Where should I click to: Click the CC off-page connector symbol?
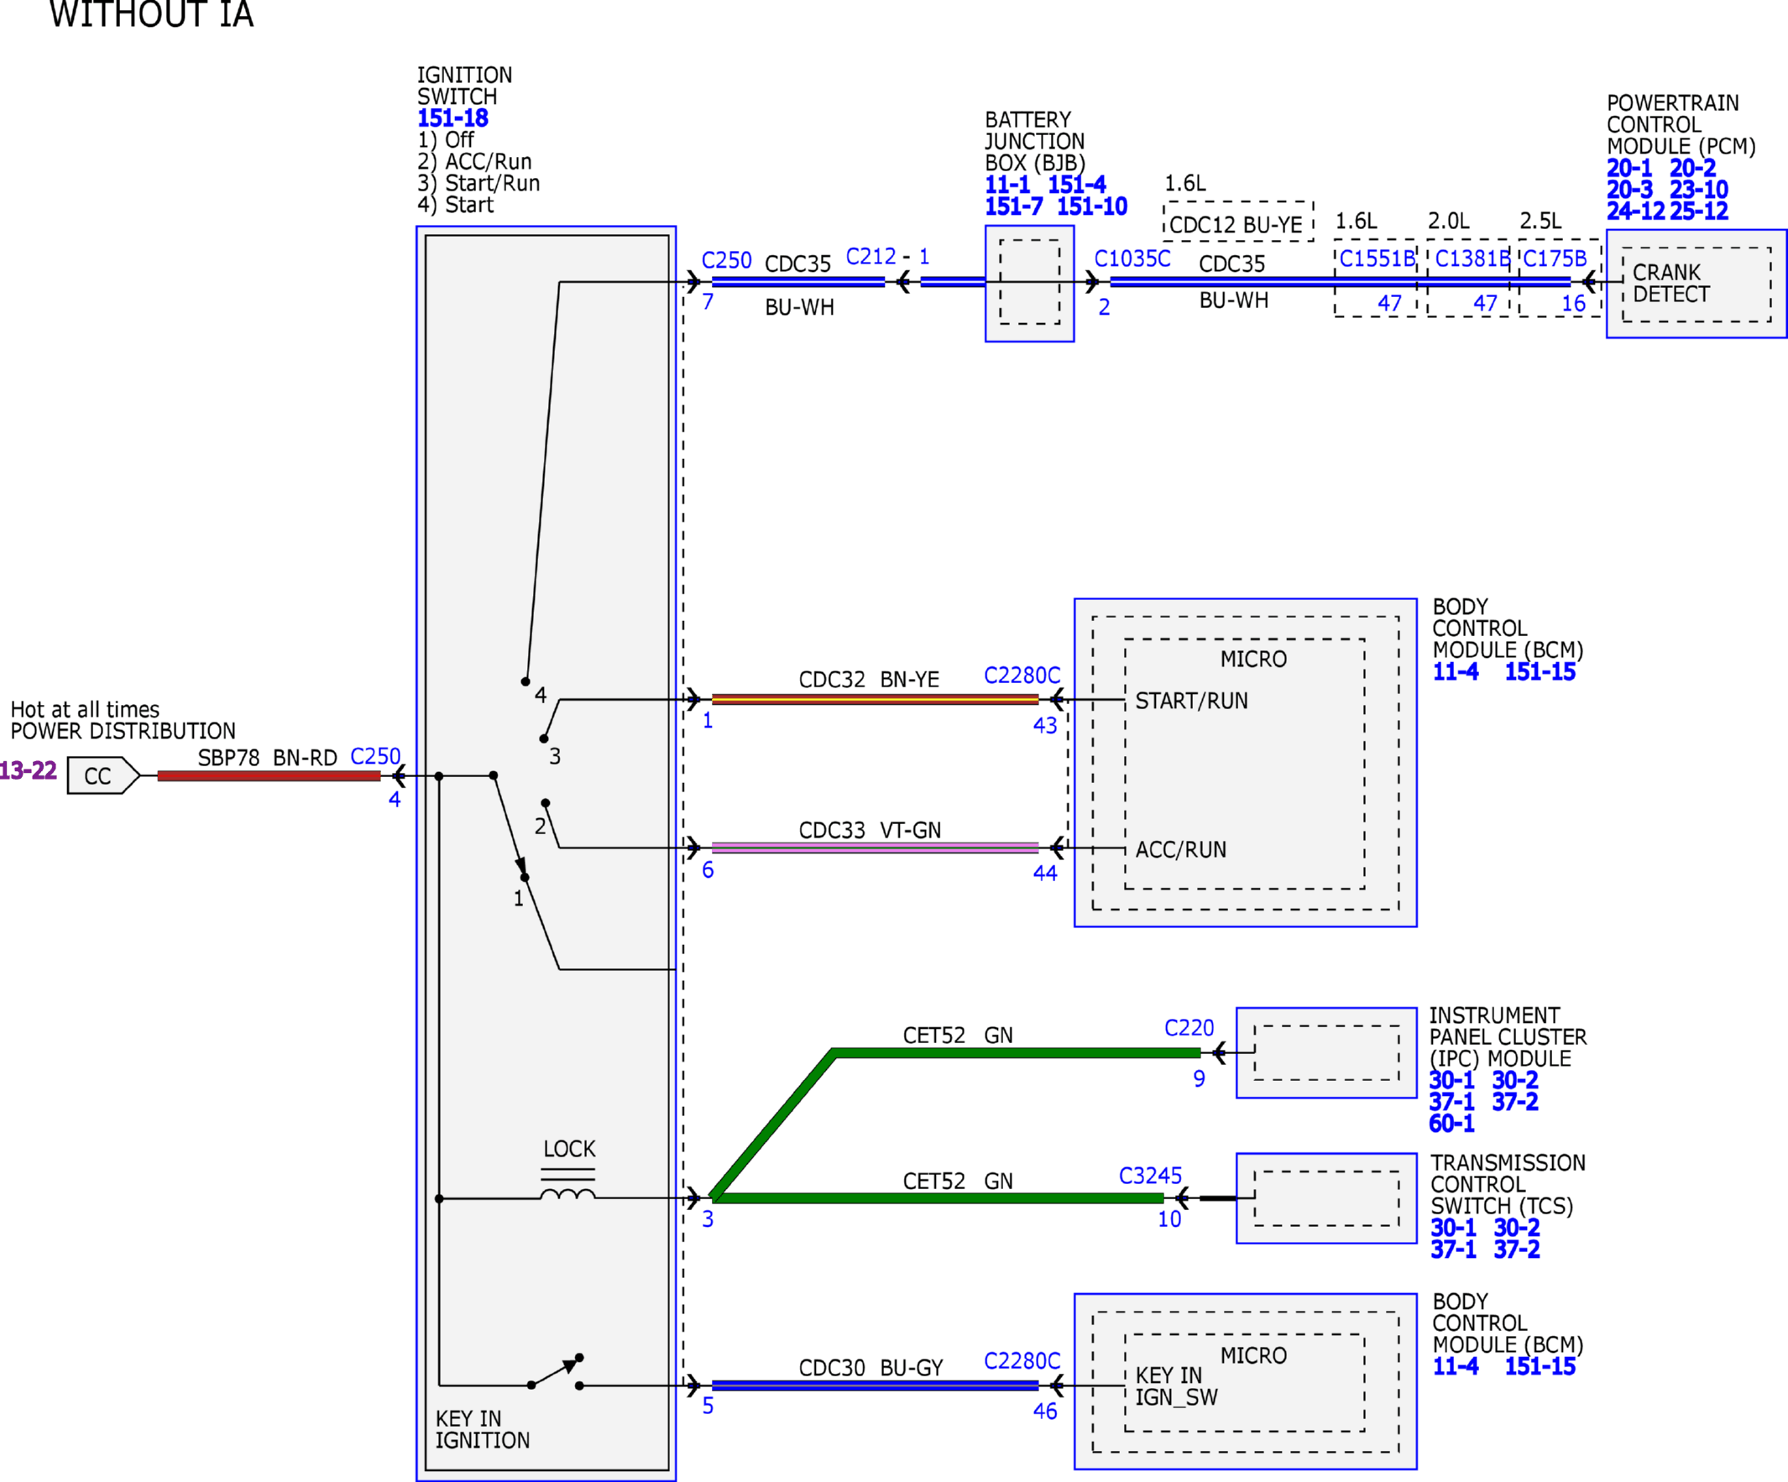[103, 775]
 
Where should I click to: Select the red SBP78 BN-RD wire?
[269, 775]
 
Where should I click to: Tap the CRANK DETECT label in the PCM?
[1670, 284]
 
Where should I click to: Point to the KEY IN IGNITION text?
[482, 1429]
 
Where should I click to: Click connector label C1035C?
[1132, 258]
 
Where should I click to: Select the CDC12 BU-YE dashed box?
[1238, 222]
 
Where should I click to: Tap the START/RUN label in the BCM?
[1191, 701]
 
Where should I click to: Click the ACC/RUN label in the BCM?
[1181, 849]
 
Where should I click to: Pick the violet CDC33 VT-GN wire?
[876, 848]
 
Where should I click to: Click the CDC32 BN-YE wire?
[876, 700]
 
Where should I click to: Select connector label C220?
[1189, 1028]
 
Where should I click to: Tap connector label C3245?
[1150, 1176]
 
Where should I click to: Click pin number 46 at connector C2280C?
[1045, 1412]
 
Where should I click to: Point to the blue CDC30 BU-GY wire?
[876, 1385]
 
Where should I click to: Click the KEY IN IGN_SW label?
[1176, 1386]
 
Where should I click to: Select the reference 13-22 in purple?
[27, 770]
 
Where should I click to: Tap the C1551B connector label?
[1376, 258]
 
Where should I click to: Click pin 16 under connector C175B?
[1572, 304]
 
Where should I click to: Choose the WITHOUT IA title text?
[152, 13]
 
